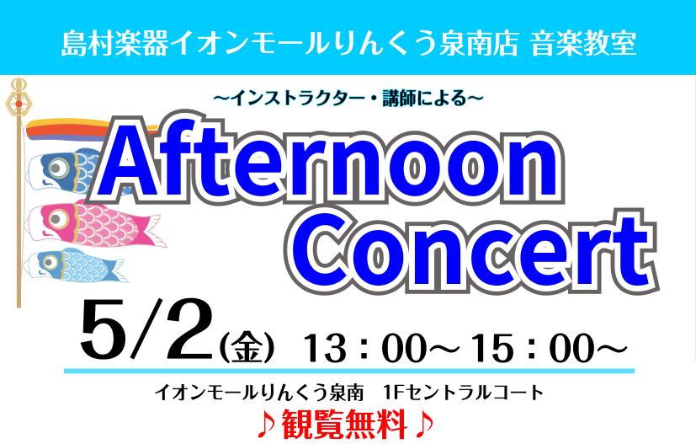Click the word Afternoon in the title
pyautogui.click(x=327, y=163)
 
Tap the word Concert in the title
pyautogui.click(x=471, y=253)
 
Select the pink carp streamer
pyautogui.click(x=95, y=223)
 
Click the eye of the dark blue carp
pyautogui.click(x=58, y=168)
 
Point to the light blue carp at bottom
pyautogui.click(x=75, y=265)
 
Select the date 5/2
pyautogui.click(x=146, y=329)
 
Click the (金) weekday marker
pyautogui.click(x=247, y=348)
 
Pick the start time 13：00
pyautogui.click(x=364, y=348)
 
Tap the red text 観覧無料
pyautogui.click(x=344, y=425)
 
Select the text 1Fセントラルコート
pyautogui.click(x=463, y=393)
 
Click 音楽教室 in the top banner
pyautogui.click(x=583, y=44)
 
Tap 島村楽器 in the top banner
pyautogui.click(x=114, y=44)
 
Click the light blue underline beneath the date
pyautogui.click(x=349, y=371)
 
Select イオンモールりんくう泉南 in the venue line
pyautogui.click(x=258, y=393)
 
